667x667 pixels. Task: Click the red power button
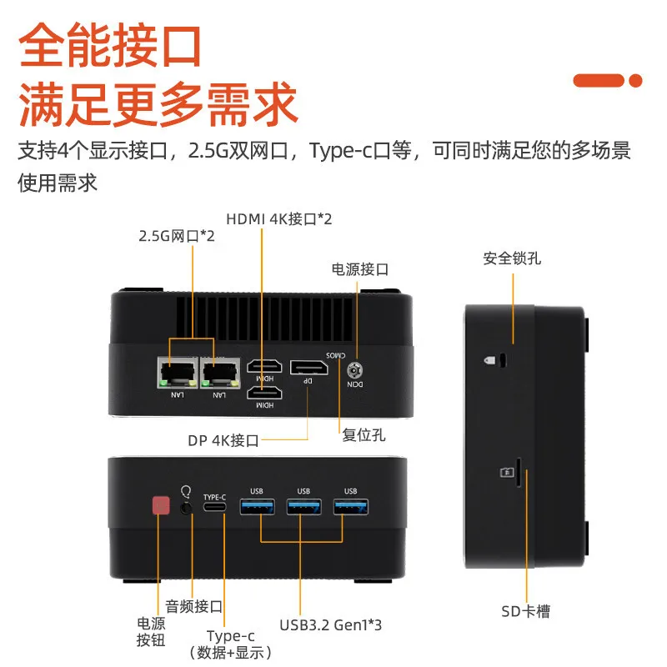point(160,506)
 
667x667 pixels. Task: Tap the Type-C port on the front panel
point(215,507)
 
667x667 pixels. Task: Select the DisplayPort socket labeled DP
point(308,367)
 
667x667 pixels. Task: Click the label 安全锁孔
point(512,258)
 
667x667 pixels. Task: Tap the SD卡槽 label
point(526,612)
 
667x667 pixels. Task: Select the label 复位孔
point(364,434)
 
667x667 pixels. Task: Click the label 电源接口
point(360,269)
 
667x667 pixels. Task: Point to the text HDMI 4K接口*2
point(279,219)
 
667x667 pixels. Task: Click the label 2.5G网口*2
point(177,236)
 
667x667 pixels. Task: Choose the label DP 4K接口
point(223,440)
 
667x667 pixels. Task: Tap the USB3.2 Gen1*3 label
point(331,624)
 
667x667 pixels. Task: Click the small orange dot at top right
point(635,81)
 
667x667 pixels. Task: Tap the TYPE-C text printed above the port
point(215,497)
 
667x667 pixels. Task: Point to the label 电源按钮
point(151,632)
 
